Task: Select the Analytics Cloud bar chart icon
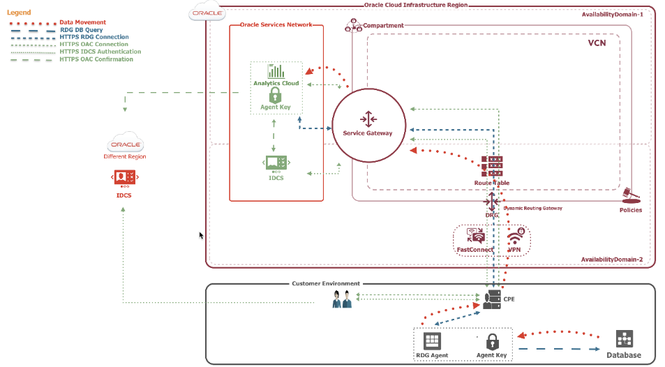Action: coord(276,70)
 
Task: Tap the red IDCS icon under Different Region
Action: coord(124,177)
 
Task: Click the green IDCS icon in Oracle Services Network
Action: coord(276,163)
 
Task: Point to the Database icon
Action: coord(624,340)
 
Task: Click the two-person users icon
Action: coord(342,299)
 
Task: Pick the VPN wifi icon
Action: coord(514,237)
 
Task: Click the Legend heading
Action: coord(19,13)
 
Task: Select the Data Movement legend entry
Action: coord(83,22)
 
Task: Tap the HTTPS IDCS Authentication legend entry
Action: coord(100,52)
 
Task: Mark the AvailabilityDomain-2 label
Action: coord(611,260)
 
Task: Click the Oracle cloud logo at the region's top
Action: coord(207,12)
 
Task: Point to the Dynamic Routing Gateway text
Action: coord(532,208)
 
